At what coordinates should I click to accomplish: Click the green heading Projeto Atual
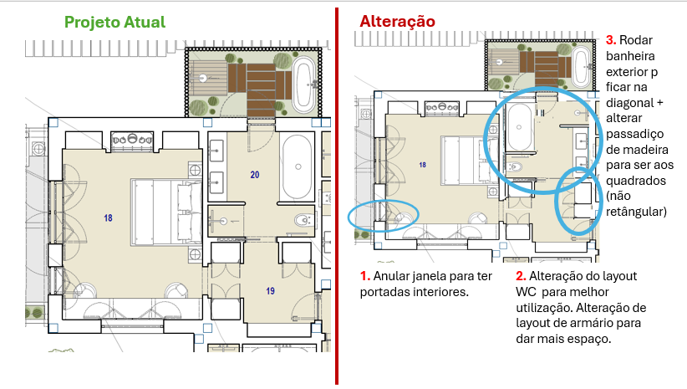(114, 22)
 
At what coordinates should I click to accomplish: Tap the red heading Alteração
(397, 21)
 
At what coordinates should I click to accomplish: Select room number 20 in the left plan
(255, 175)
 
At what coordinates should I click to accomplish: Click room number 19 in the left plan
(270, 290)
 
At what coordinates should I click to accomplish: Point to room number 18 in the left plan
(108, 218)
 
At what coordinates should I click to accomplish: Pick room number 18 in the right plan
(422, 165)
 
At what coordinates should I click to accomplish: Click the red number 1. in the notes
(365, 276)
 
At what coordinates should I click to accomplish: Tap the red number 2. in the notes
(521, 276)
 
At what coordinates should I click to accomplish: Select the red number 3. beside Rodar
(611, 40)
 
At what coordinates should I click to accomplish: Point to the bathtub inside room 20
(298, 166)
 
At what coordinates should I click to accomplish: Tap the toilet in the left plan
(304, 219)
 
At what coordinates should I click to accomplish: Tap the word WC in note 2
(526, 292)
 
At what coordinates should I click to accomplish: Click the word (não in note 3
(618, 196)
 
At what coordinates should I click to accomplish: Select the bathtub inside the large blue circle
(520, 127)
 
